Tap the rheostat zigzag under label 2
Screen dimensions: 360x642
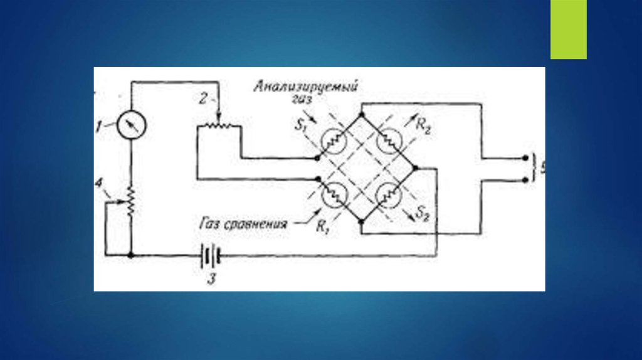pos(218,125)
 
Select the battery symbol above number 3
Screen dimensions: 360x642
pos(211,256)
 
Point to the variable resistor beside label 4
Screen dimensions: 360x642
pos(131,201)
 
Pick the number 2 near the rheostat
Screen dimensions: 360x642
pos(203,99)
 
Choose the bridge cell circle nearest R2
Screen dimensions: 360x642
pos(389,142)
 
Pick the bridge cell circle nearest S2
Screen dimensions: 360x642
pos(389,195)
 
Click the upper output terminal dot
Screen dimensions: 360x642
pos(525,158)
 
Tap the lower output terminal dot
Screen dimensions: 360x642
pos(525,179)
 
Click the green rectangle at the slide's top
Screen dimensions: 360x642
pos(568,29)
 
